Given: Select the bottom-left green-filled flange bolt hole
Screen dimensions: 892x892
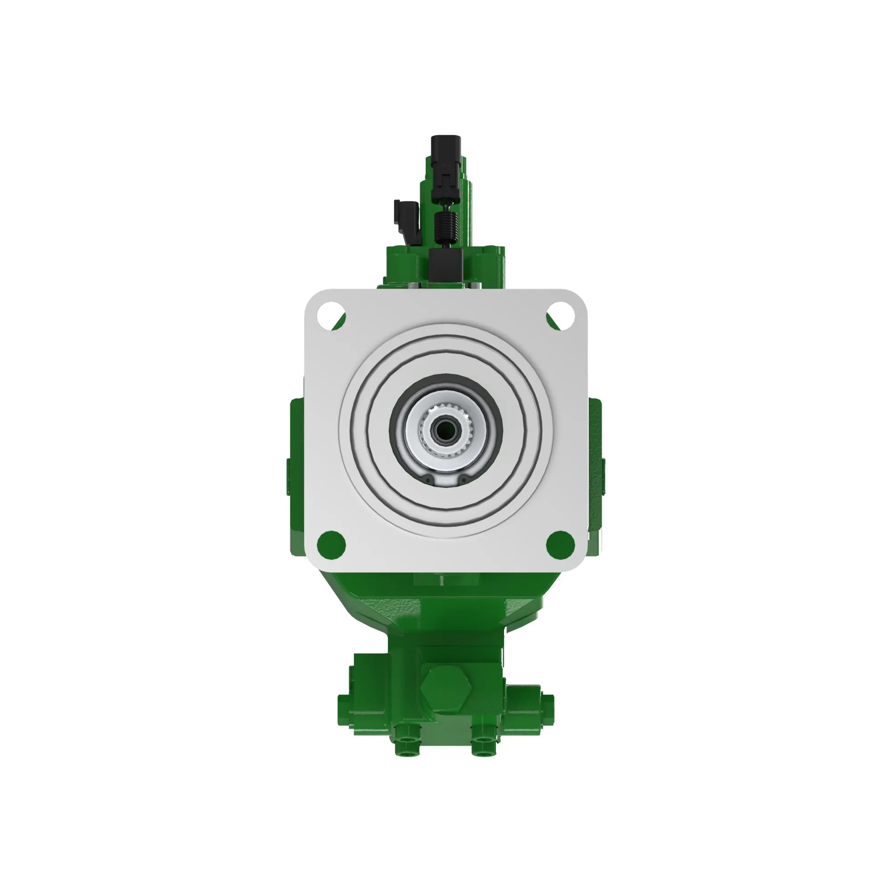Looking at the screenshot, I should tap(331, 543).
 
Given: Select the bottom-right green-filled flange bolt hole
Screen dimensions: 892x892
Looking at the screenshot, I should tap(561, 543).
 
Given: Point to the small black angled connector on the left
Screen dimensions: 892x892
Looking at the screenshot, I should tap(405, 219).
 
